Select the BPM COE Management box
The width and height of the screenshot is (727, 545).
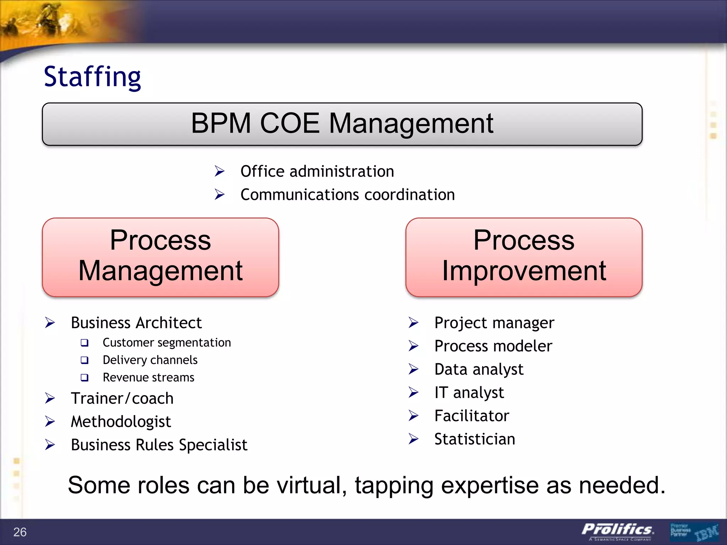pyautogui.click(x=342, y=124)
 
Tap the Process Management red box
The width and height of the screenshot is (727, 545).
pyautogui.click(x=160, y=257)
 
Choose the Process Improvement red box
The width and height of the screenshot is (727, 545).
pyautogui.click(x=524, y=257)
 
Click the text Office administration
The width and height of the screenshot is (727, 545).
pyautogui.click(x=317, y=171)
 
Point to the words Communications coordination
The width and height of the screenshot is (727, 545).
pyautogui.click(x=347, y=195)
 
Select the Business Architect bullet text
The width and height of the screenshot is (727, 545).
pyautogui.click(x=136, y=323)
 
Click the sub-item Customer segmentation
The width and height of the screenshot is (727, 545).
pyautogui.click(x=166, y=342)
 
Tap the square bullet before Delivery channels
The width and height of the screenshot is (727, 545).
pyautogui.click(x=84, y=360)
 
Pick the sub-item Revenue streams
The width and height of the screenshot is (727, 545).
pyautogui.click(x=148, y=378)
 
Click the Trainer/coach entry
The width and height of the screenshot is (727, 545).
pyautogui.click(x=122, y=398)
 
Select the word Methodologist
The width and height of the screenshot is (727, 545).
pyautogui.click(x=121, y=422)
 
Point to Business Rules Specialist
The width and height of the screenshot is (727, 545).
pyautogui.click(x=159, y=445)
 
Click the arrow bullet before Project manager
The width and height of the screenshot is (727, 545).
pyautogui.click(x=413, y=323)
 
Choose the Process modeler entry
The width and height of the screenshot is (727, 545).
pyautogui.click(x=493, y=346)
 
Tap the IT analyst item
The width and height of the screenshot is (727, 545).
pyautogui.click(x=469, y=392)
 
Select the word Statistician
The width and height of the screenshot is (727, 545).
pyautogui.click(x=475, y=439)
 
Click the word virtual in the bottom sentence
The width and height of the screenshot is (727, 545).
pyautogui.click(x=311, y=485)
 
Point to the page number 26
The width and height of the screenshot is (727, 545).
pyautogui.click(x=20, y=532)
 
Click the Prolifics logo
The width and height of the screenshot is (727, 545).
pyautogui.click(x=617, y=530)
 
